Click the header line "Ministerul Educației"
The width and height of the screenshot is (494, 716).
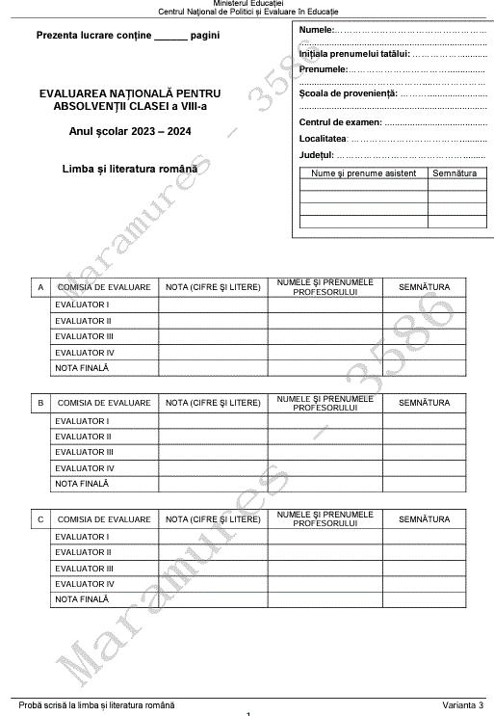tap(248, 4)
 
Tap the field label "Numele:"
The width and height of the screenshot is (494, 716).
tap(316, 32)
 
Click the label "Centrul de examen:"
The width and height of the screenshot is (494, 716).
tap(341, 122)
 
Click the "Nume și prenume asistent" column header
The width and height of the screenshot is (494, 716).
tap(364, 172)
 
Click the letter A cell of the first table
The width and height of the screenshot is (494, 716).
tap(40, 287)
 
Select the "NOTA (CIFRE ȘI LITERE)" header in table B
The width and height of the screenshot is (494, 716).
tap(213, 403)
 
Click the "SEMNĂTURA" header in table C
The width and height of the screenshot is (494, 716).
tap(424, 519)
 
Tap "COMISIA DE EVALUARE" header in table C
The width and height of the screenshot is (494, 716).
tap(104, 519)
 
